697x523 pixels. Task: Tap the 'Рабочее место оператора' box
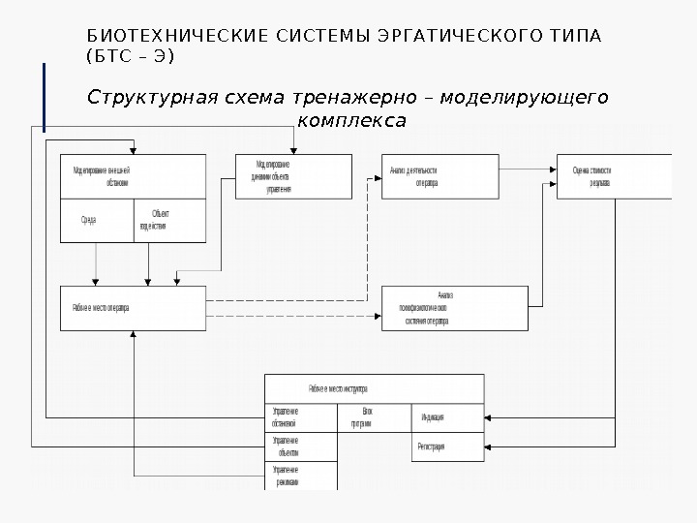(x=133, y=308)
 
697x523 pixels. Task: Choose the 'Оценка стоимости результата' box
(x=613, y=176)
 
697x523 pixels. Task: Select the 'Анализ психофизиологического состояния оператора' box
(x=454, y=308)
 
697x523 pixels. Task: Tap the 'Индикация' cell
(x=447, y=417)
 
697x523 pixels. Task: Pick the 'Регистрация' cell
(x=447, y=447)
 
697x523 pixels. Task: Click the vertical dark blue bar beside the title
(x=45, y=97)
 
